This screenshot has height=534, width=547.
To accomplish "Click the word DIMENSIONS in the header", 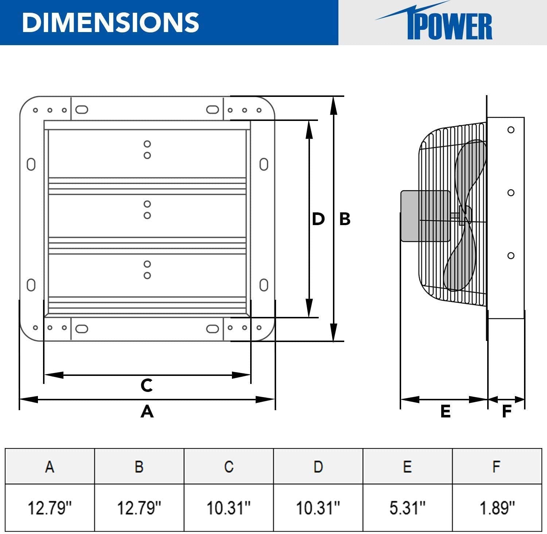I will pos(110,22).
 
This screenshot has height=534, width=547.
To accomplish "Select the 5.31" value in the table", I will pos(407,507).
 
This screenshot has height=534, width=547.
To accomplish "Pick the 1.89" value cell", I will pos(497,507).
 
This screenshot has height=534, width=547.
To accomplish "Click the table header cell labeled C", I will pos(229,467).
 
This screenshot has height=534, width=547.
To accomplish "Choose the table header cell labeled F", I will pos(497,467).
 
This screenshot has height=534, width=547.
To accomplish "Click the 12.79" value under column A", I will pos(50,507).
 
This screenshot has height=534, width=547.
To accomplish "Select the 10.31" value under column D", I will pos(318,507).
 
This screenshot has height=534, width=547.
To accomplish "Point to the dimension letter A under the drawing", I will pos(147,411).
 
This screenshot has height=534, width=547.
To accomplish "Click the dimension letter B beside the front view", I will pos(345,219).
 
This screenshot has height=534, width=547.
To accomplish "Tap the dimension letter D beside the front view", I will pos(318,219).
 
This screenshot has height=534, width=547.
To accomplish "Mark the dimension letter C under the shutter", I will pos(147,385).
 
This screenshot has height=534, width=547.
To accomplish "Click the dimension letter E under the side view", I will pos(445,411).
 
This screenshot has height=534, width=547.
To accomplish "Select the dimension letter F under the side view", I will pos(507,411).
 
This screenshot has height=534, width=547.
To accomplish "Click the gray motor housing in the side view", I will pos(425,216).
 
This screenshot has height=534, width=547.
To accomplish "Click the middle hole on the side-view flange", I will pos(511,193).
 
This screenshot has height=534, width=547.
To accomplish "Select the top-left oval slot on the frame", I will pos(82,110).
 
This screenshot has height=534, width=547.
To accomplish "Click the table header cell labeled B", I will pos(139,467).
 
